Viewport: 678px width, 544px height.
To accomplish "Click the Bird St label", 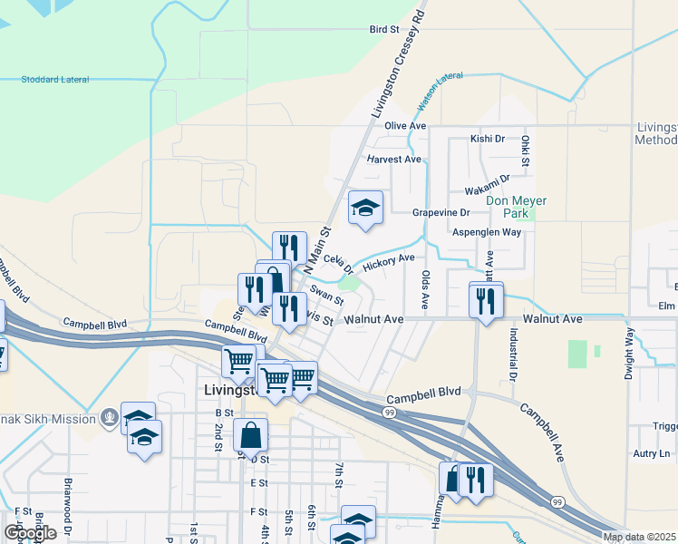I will click(384, 30).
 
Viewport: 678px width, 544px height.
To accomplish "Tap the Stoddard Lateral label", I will click(55, 80).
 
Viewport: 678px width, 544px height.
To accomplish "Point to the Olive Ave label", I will click(404, 125).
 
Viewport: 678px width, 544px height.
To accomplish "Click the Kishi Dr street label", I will click(487, 139).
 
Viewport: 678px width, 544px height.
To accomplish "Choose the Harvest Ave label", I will click(394, 159).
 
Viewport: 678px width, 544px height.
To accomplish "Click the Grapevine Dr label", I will click(441, 212).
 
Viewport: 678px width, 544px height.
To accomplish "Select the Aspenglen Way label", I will click(487, 232).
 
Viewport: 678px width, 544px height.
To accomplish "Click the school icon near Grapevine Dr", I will click(366, 208).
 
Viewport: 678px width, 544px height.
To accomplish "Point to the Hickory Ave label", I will click(388, 262).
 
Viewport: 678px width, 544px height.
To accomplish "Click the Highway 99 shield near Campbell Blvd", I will click(388, 412).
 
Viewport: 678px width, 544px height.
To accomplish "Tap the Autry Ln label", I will click(652, 453).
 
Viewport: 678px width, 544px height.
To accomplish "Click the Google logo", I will click(31, 532).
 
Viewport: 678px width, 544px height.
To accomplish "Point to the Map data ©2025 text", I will click(640, 537).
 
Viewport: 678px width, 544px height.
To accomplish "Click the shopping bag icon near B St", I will click(250, 435).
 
